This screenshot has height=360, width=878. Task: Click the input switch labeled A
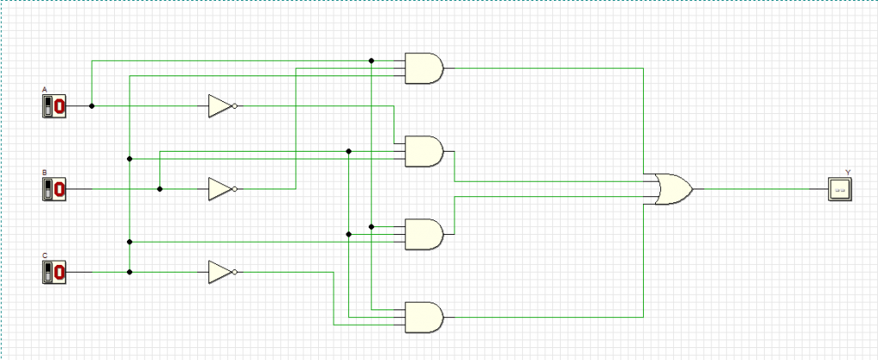54,106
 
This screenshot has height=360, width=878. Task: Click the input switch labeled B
54,189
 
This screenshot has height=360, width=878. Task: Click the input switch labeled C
54,273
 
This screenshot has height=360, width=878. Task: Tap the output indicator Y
841,189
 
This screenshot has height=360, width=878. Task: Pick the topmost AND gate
424,69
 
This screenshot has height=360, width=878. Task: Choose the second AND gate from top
424,152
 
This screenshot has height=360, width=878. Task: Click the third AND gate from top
424,233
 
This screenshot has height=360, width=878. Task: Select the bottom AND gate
424,317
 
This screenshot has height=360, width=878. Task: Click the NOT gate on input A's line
220,106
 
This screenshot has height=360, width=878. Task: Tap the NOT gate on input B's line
220,189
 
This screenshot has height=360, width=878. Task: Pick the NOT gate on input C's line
220,273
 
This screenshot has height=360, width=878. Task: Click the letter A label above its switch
45,90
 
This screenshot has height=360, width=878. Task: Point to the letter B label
45,173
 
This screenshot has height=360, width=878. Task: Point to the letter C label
45,256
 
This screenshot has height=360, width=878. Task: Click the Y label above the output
847,172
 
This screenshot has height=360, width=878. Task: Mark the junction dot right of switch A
92,106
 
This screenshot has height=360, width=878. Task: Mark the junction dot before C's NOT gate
129,273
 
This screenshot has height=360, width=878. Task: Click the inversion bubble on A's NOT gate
235,106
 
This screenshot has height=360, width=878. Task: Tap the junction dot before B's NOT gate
159,189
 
